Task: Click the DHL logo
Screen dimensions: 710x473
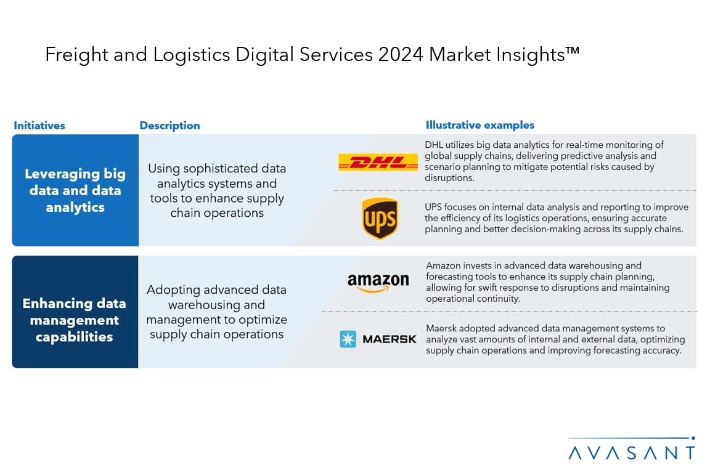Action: [x=378, y=162]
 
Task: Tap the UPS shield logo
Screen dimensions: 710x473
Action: [x=380, y=219]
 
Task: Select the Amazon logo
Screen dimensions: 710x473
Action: [x=378, y=283]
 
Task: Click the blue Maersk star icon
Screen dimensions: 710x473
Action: [x=348, y=339]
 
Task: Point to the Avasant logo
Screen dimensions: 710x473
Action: [x=632, y=448]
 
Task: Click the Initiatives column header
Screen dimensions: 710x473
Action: [x=39, y=126]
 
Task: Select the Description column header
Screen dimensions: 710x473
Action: [x=170, y=126]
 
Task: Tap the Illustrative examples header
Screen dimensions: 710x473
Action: [x=480, y=125]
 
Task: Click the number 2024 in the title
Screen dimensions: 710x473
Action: [x=401, y=55]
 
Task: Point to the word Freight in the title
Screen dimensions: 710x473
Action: [x=76, y=55]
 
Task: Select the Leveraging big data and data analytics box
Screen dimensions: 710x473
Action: [x=75, y=190]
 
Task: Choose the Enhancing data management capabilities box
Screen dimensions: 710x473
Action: [x=75, y=312]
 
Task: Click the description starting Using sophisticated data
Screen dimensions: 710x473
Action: [x=217, y=190]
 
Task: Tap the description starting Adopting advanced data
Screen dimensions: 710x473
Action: [x=216, y=312]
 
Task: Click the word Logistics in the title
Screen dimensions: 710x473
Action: [x=192, y=55]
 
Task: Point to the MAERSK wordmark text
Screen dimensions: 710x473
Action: [x=390, y=339]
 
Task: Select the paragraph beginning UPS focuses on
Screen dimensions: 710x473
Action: [x=557, y=218]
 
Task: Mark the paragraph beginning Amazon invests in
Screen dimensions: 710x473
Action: [x=548, y=282]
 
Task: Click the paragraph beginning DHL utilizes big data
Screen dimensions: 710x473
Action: [x=544, y=161]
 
